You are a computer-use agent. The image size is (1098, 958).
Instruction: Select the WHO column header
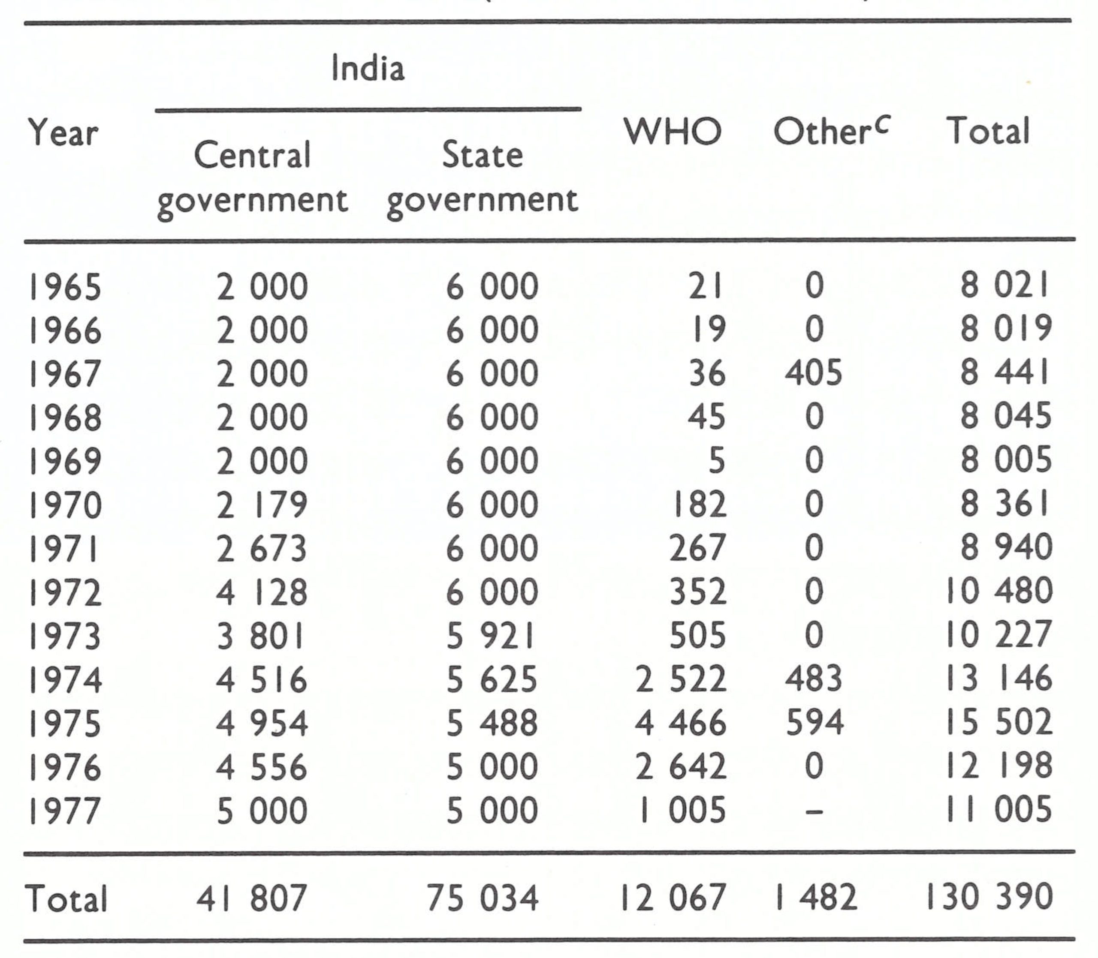tap(672, 132)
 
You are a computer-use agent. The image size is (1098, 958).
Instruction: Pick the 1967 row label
tap(65, 373)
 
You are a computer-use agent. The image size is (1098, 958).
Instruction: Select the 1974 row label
tap(65, 680)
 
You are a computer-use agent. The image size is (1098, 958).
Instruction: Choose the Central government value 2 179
tap(262, 505)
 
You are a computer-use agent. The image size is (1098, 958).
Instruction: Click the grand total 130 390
tap(989, 898)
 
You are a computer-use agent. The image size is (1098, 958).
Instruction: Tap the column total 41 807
tap(251, 898)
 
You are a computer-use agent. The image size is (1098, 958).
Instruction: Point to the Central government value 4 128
tap(262, 592)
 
